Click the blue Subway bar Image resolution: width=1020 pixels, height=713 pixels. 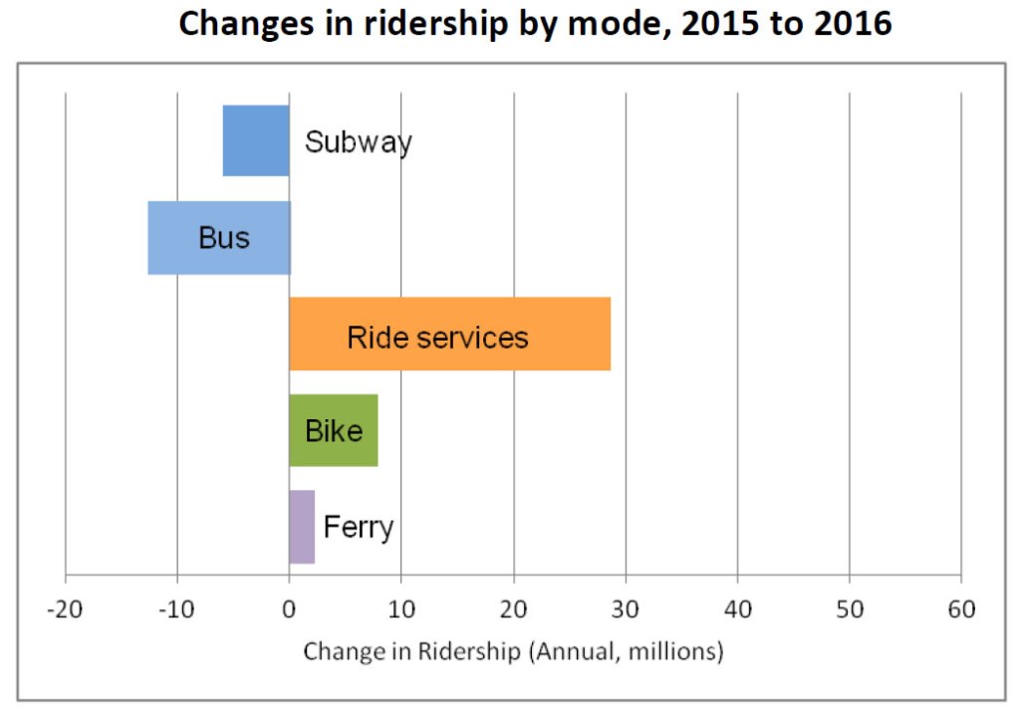[x=256, y=140]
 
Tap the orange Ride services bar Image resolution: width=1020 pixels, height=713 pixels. [x=449, y=335]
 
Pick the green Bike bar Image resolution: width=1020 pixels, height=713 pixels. [x=334, y=430]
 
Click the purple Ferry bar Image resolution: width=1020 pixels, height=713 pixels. [x=302, y=527]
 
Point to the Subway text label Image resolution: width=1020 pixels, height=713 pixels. [x=359, y=142]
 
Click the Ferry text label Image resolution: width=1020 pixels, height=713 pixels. [x=359, y=527]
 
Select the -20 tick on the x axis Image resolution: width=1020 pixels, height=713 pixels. [x=65, y=608]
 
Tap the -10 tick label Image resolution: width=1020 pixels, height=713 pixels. [x=176, y=608]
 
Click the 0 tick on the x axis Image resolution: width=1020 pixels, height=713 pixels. [x=289, y=608]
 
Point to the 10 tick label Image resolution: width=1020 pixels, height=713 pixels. [x=400, y=608]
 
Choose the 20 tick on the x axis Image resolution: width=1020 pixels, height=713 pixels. [x=513, y=608]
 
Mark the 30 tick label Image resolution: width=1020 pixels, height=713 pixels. [x=625, y=608]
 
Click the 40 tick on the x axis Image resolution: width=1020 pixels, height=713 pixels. [x=737, y=608]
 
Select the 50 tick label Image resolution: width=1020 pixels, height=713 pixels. [x=849, y=608]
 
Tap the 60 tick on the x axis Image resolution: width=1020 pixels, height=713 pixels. [x=960, y=608]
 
